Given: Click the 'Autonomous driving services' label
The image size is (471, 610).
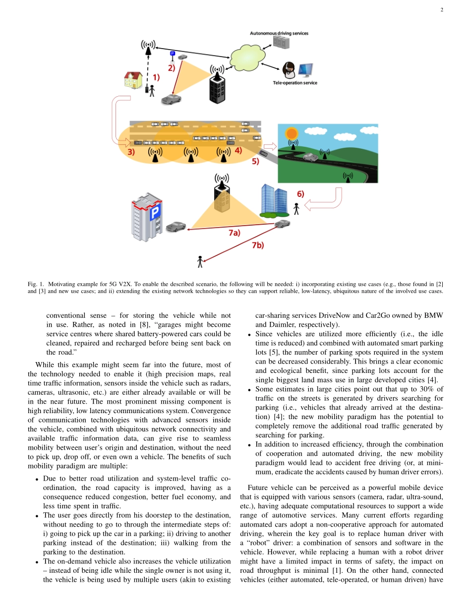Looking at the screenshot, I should click(279, 33).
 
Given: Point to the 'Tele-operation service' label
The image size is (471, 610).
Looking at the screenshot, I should click(295, 83).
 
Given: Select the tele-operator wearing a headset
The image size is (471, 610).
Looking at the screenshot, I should click(289, 70).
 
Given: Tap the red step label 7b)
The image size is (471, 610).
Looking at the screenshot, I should click(258, 245).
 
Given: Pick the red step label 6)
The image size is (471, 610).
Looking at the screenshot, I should click(300, 194).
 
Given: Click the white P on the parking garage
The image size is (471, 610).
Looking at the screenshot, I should click(155, 214).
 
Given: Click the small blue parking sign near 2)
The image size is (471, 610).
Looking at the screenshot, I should click(173, 54).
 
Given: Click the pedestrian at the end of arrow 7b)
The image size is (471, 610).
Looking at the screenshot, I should click(200, 261).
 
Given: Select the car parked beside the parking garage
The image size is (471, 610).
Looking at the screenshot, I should click(176, 227).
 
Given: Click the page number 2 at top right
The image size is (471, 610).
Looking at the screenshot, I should click(441, 10).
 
